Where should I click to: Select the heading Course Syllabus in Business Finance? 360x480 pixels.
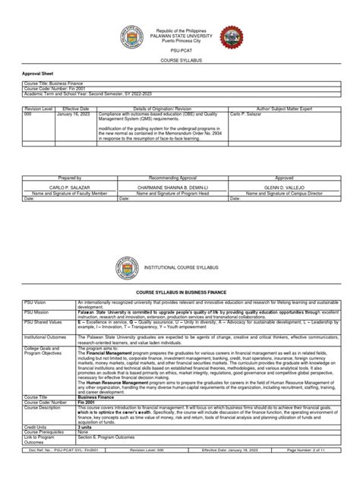[179, 291]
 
